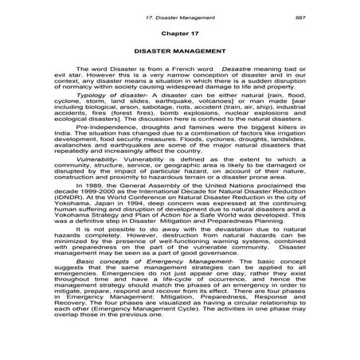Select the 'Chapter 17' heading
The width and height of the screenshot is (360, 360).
point(179,36)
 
